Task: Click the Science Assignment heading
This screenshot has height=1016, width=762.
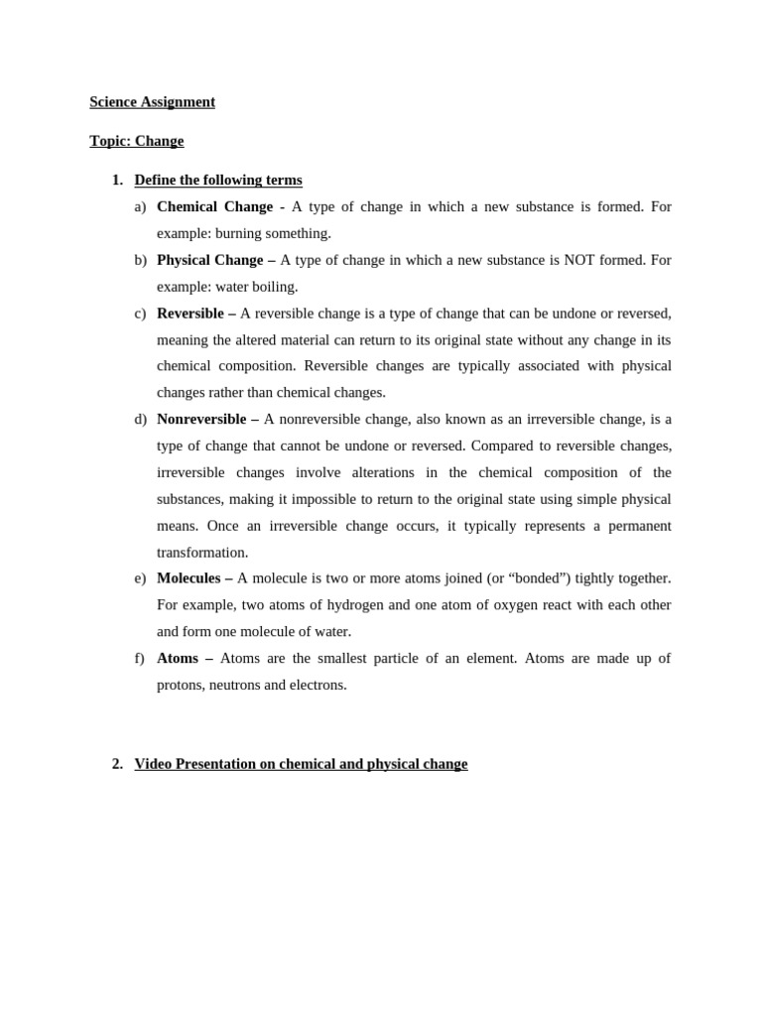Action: (152, 101)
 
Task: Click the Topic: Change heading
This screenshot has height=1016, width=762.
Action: (136, 141)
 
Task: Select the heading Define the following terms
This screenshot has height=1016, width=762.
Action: (218, 180)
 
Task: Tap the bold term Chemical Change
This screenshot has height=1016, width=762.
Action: (214, 206)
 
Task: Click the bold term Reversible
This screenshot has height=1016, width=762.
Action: (190, 314)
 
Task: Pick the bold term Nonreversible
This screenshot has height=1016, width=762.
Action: (201, 419)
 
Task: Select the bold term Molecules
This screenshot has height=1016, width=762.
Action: (189, 577)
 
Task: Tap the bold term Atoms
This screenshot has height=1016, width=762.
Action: (178, 658)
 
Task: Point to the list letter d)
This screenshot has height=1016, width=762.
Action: (140, 419)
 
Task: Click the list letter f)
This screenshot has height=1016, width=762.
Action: (139, 658)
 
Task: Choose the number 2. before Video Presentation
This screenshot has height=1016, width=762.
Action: (117, 764)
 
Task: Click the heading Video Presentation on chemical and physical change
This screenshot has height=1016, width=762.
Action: (301, 764)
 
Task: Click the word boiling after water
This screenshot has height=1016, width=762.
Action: (277, 287)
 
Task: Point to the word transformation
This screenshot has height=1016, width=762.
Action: (202, 552)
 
